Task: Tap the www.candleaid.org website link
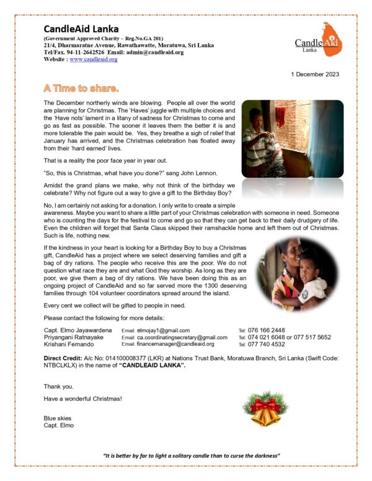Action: click(94, 60)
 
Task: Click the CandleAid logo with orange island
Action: click(317, 38)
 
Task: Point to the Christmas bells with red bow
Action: click(265, 408)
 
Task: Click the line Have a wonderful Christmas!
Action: click(82, 399)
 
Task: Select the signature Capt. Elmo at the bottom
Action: click(58, 425)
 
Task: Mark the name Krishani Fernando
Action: click(69, 344)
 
